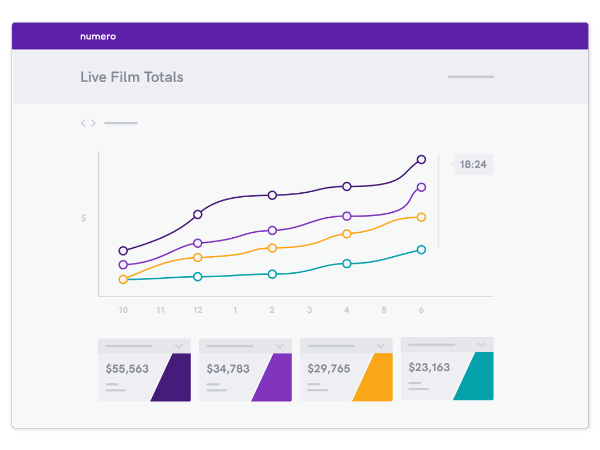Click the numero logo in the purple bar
pos(98,37)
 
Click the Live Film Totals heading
pos(132,77)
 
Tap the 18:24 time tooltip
pos(473,164)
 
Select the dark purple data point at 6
pos(421,159)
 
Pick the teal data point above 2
pos(272,274)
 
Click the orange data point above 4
pos(347,234)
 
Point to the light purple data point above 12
pos(197,243)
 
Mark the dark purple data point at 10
pos(123,251)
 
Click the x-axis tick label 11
pos(160,310)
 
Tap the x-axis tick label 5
pos(384,310)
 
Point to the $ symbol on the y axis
pos(83,218)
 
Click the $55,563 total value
pos(127,368)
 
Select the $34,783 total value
pos(228,368)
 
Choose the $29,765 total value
pos(329,368)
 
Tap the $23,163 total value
pos(429,367)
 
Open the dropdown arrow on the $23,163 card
pos(482,345)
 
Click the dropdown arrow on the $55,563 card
pos(179,346)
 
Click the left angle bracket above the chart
pos(83,123)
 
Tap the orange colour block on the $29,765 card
pos(373,378)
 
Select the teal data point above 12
pos(197,277)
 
